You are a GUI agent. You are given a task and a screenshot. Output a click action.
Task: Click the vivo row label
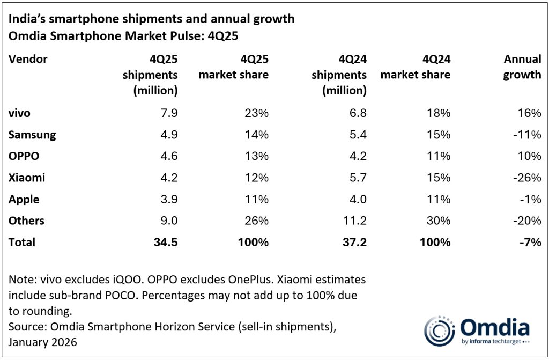click(x=19, y=113)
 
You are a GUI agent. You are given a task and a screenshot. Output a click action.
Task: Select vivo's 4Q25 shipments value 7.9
click(x=167, y=113)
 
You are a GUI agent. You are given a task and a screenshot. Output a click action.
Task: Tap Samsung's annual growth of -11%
click(x=528, y=135)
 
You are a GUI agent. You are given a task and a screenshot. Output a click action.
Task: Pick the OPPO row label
click(x=24, y=156)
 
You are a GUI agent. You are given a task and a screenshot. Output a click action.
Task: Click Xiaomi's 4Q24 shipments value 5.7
click(x=357, y=178)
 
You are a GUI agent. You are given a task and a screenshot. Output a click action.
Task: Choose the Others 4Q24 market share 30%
click(x=439, y=221)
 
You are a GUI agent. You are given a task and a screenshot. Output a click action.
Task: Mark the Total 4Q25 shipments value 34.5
click(x=164, y=242)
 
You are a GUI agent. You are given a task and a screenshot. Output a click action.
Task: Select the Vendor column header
click(x=28, y=59)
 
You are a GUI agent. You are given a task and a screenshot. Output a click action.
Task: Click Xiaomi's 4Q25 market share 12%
click(x=257, y=178)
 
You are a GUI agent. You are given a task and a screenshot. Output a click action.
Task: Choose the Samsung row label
click(x=32, y=135)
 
